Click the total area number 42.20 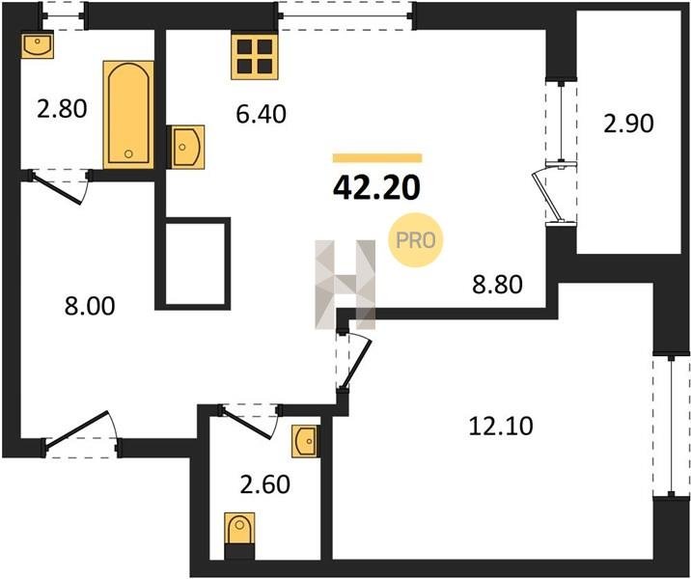(x=376, y=188)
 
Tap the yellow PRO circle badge (x=415, y=240)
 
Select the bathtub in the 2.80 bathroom (x=128, y=115)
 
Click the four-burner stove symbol (x=255, y=57)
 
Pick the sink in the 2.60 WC (x=305, y=441)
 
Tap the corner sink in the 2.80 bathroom (x=38, y=45)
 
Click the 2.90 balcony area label (x=628, y=124)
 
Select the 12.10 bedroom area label (x=501, y=427)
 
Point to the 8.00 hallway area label (x=90, y=306)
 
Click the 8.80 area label (x=498, y=285)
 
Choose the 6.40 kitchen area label (x=262, y=114)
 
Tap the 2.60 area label (x=264, y=484)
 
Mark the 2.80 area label (x=62, y=109)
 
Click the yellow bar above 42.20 (x=377, y=157)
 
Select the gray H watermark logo (x=345, y=285)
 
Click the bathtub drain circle (x=128, y=153)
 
